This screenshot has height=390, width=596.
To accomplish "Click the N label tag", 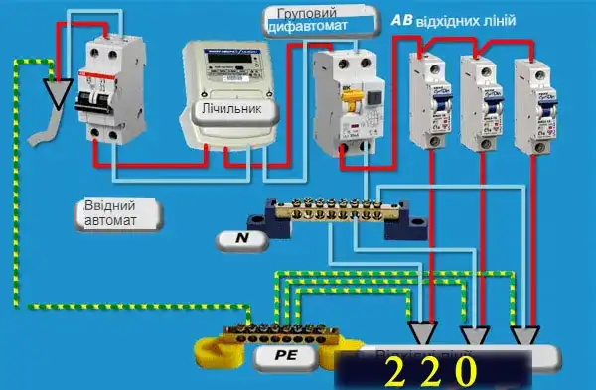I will [242, 237].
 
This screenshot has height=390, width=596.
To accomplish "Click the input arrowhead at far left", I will [59, 93].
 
